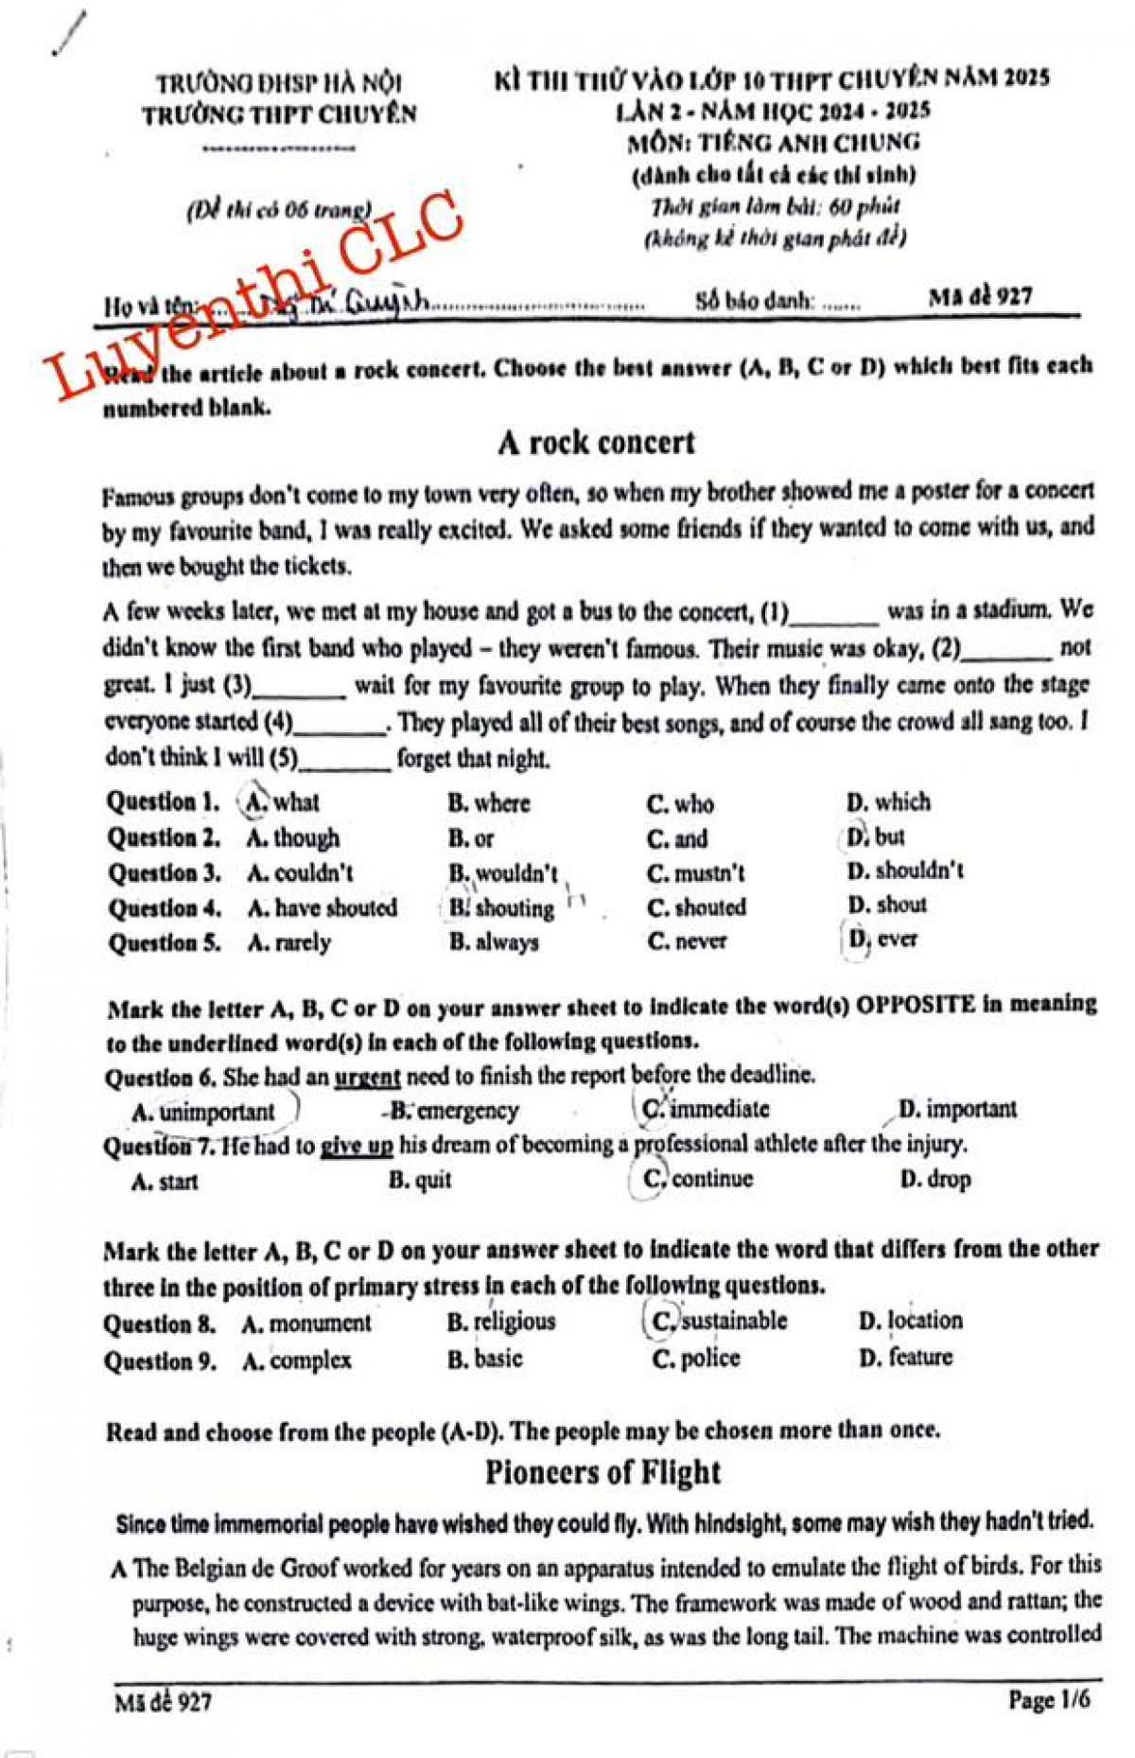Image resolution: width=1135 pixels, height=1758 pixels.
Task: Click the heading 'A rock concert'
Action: pyautogui.click(x=596, y=443)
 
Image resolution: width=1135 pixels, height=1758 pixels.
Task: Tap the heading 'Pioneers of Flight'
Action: pyautogui.click(x=602, y=1473)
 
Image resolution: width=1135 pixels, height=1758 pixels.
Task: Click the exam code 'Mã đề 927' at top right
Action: pyautogui.click(x=980, y=297)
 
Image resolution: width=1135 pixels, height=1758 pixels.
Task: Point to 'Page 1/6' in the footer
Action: pyautogui.click(x=1049, y=1699)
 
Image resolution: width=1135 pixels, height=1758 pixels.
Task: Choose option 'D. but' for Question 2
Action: pyautogui.click(x=875, y=837)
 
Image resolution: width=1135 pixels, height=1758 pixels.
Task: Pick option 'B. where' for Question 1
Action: pyautogui.click(x=489, y=803)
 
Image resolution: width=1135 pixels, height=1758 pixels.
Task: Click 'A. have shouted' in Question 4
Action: pyautogui.click(x=322, y=908)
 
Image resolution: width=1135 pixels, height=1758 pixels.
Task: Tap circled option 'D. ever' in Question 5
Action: pyautogui.click(x=882, y=940)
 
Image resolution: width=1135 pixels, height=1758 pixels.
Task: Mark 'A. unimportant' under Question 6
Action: pyautogui.click(x=203, y=1112)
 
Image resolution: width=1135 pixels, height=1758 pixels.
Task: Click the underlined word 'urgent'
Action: pyautogui.click(x=367, y=1077)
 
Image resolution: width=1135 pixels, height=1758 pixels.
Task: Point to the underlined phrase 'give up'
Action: pyautogui.click(x=357, y=1146)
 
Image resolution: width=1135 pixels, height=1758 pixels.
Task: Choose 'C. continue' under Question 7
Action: pyautogui.click(x=699, y=1179)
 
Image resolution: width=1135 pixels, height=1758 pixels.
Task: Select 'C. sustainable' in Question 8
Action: pyautogui.click(x=720, y=1321)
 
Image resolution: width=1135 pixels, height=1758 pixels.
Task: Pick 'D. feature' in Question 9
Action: pyautogui.click(x=905, y=1358)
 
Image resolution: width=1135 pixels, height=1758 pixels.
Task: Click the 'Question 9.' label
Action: pyautogui.click(x=160, y=1362)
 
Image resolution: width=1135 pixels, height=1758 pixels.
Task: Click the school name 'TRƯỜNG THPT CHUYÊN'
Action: pyautogui.click(x=279, y=115)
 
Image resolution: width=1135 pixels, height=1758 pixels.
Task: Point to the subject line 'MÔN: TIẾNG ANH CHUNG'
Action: pyautogui.click(x=774, y=143)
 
